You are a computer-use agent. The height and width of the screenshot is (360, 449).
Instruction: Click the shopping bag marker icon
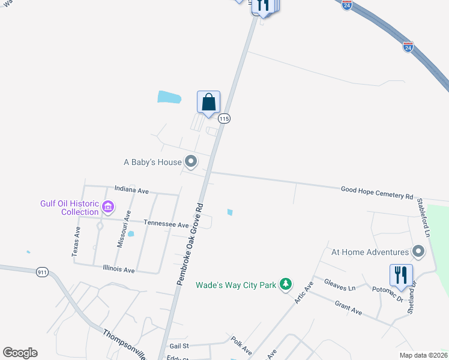click(x=208, y=102)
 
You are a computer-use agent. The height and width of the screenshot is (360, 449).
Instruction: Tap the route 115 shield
click(x=224, y=119)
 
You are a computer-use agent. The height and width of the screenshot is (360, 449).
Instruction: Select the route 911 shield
click(x=41, y=271)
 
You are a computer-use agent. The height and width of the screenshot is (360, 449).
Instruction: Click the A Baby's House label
click(x=152, y=162)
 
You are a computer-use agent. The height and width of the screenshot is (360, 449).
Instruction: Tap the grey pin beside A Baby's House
click(x=191, y=161)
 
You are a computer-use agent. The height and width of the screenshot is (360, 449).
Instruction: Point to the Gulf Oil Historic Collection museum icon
click(x=108, y=208)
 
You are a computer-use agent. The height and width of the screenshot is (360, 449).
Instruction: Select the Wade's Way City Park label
click(x=236, y=285)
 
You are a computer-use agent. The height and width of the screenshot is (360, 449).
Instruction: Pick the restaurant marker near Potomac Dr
click(x=401, y=276)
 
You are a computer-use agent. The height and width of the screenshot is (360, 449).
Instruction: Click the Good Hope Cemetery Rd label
click(x=377, y=193)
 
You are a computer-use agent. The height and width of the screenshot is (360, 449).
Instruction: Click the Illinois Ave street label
click(x=118, y=269)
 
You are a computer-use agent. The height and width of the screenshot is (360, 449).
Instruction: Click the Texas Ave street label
click(x=76, y=242)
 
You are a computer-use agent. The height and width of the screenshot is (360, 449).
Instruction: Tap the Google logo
click(x=20, y=353)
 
